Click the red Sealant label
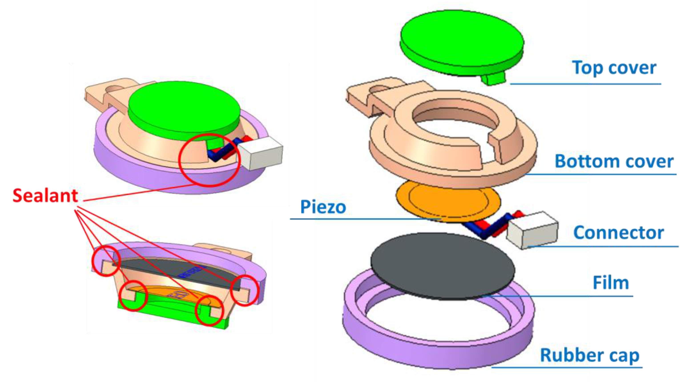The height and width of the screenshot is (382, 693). click(45, 196)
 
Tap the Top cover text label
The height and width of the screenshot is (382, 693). click(614, 68)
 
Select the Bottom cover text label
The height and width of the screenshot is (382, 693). click(614, 162)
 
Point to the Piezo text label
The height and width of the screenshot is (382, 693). click(323, 207)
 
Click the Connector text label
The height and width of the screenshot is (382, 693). click(618, 233)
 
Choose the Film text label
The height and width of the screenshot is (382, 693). click(611, 283)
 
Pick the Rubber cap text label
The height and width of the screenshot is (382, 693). click(589, 356)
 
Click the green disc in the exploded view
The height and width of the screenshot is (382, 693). click(461, 40)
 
